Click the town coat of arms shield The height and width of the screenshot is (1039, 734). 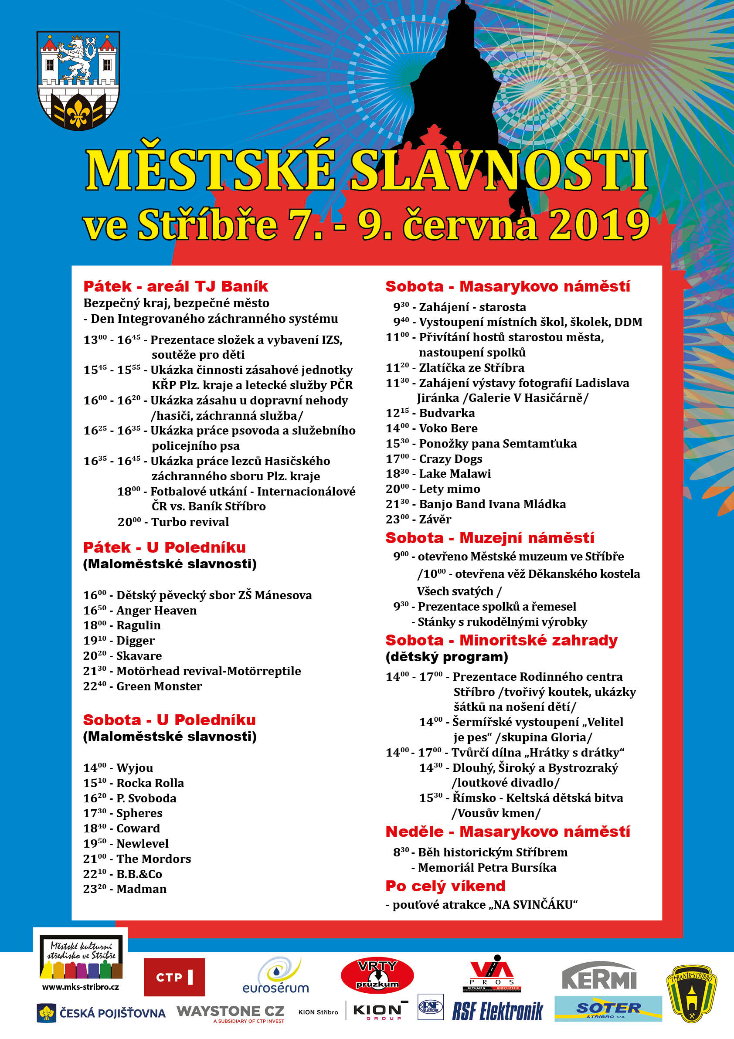(78, 80)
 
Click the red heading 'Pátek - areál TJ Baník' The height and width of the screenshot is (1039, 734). (176, 286)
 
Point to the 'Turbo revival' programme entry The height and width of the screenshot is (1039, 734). (190, 522)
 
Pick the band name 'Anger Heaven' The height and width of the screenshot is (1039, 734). (156, 611)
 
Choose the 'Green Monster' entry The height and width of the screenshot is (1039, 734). (159, 686)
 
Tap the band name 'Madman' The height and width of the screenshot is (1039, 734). (142, 889)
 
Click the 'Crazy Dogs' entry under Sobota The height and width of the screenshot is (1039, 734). (451, 459)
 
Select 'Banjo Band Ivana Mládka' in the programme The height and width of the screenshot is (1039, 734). (493, 504)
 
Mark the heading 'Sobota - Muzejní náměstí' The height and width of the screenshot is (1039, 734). (489, 538)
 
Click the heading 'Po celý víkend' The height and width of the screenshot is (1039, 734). (445, 886)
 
